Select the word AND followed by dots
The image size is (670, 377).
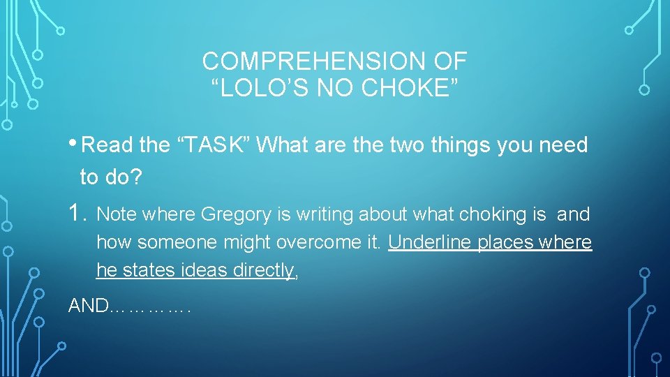click(x=88, y=306)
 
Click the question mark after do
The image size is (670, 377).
click(x=137, y=177)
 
